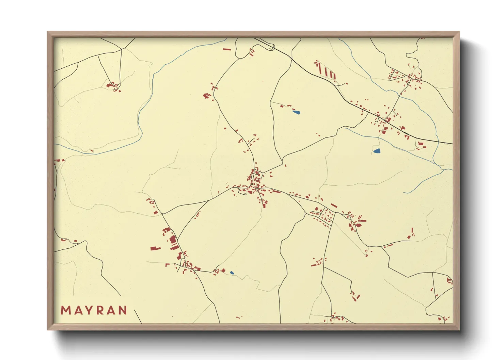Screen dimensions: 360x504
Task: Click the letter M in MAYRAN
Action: pos(65,310)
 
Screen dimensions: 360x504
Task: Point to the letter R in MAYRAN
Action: pos(99,310)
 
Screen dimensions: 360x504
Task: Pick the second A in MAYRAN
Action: pos(111,310)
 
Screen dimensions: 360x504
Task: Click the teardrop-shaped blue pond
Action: pos(377,151)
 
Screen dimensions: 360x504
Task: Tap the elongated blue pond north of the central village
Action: pos(296,112)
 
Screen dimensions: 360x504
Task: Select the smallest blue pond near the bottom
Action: pos(232,273)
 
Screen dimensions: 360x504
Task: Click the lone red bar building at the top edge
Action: pos(226,49)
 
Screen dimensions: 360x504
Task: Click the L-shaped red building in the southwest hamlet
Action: pos(167,264)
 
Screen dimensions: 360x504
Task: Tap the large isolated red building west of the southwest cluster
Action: pos(155,248)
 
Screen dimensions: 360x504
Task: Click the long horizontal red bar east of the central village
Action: pos(276,192)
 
